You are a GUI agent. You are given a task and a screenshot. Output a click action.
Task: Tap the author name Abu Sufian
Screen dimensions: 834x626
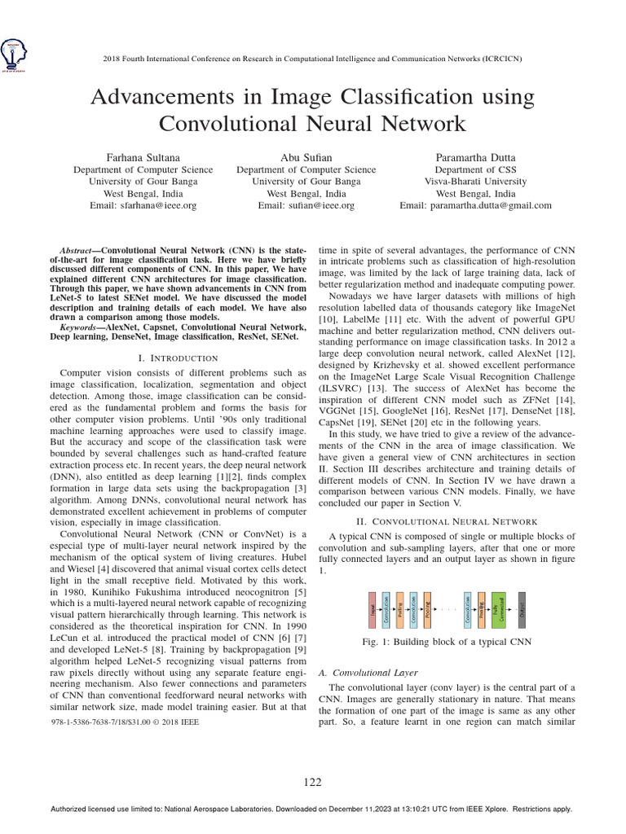pyautogui.click(x=306, y=156)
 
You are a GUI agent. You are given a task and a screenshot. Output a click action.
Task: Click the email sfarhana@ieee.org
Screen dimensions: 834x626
pyautogui.click(x=143, y=206)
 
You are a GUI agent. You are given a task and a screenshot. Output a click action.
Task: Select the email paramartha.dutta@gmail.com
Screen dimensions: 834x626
pyautogui.click(x=475, y=206)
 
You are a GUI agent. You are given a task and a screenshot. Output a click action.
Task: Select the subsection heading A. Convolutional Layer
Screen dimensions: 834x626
pyautogui.click(x=367, y=673)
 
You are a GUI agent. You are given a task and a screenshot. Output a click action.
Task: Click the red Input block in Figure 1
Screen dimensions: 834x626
pyautogui.click(x=373, y=610)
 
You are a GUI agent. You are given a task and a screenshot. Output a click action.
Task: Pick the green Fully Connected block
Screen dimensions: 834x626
pyautogui.click(x=498, y=610)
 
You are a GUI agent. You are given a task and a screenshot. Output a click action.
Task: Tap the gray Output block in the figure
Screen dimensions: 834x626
pyautogui.click(x=522, y=610)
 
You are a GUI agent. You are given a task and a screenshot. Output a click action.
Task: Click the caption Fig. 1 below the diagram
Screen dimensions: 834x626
pyautogui.click(x=445, y=643)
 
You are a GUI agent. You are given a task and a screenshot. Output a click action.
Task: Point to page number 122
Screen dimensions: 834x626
pyautogui.click(x=313, y=782)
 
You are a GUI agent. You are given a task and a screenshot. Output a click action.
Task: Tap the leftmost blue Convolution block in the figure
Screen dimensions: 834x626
pyautogui.click(x=386, y=610)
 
